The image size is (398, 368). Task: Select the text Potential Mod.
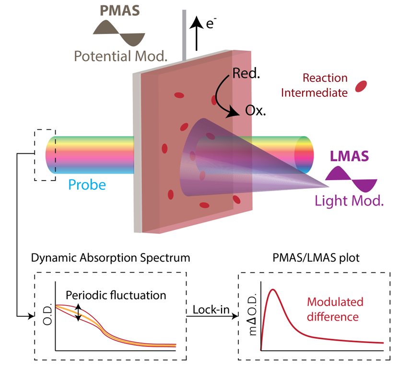point(120,56)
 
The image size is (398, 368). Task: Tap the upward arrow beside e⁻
point(196,34)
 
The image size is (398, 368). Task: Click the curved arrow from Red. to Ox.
point(222,98)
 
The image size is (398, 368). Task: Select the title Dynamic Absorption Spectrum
point(110,258)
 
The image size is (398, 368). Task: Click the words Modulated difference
point(335,309)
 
